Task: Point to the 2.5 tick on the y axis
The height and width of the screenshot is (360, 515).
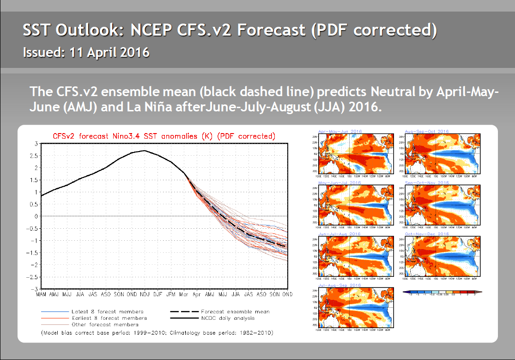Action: tap(36, 156)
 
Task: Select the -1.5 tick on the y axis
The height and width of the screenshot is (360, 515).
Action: tap(33, 253)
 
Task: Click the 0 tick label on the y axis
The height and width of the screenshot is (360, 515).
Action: tap(37, 216)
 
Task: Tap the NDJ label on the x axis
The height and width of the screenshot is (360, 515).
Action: tap(145, 293)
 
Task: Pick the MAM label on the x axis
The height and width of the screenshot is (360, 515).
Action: tap(41, 293)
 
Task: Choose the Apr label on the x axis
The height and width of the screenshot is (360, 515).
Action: tap(197, 293)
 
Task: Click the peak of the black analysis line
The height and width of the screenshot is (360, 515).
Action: tap(145, 151)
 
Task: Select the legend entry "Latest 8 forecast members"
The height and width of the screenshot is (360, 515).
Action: tap(107, 311)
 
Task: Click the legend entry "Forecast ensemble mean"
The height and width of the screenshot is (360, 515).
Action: tap(235, 311)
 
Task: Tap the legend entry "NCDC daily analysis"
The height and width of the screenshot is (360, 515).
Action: tap(228, 318)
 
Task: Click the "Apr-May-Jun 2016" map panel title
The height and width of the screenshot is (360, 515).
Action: tap(339, 132)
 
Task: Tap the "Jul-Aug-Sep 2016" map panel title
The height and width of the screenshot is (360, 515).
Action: tap(339, 286)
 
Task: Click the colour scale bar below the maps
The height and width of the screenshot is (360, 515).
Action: tap(442, 292)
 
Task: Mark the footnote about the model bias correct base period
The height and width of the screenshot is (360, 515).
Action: tap(157, 332)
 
